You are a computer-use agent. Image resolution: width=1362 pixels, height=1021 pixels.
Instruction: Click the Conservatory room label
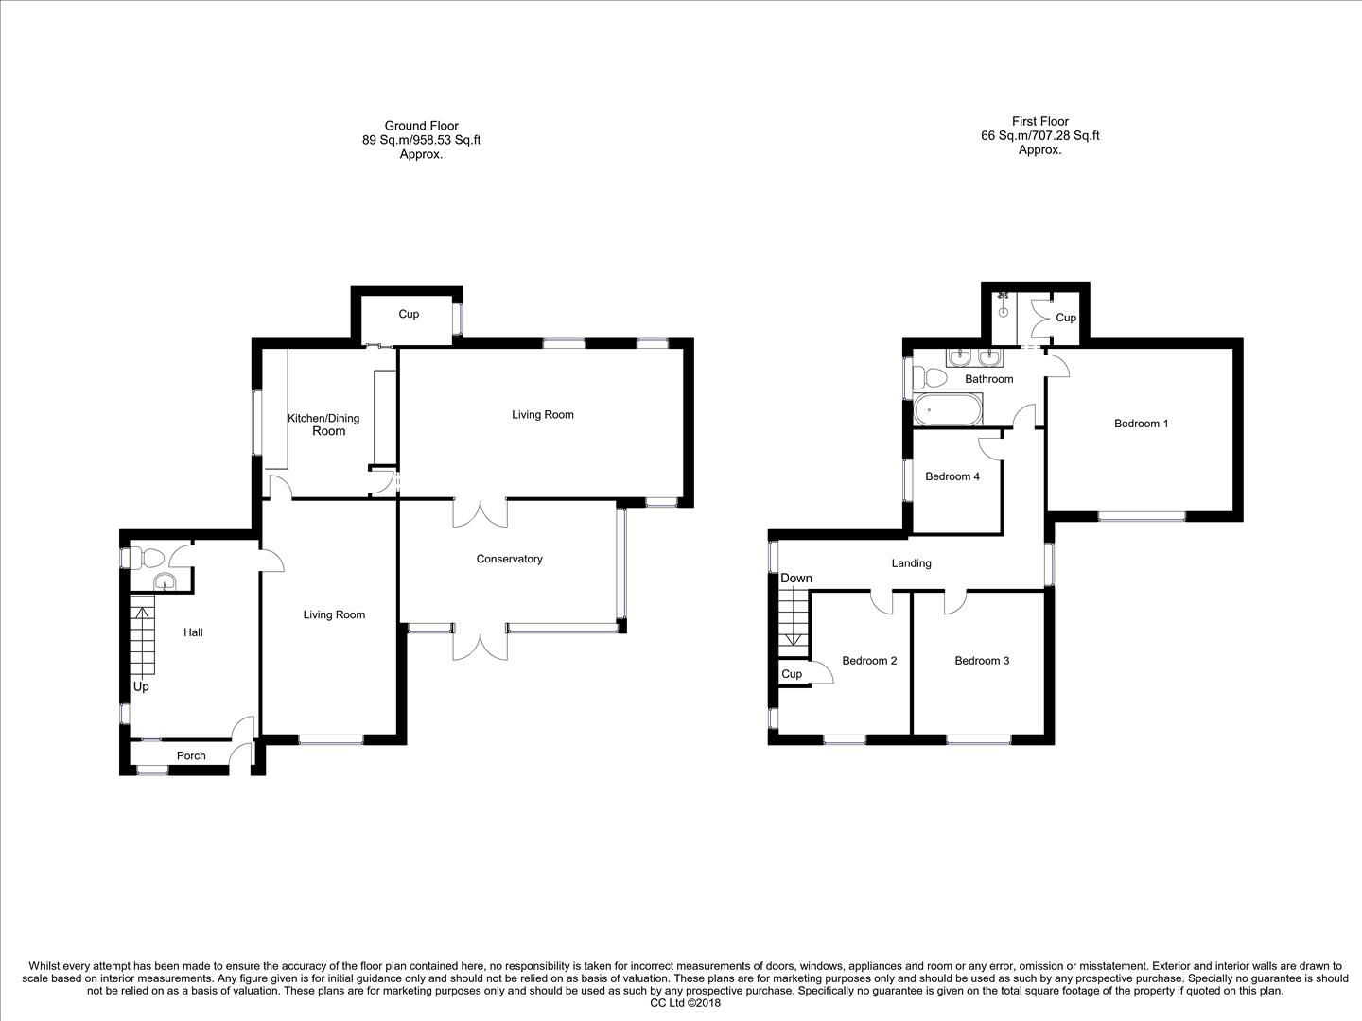(509, 559)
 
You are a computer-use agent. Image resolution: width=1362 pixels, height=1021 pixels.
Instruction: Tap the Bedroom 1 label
(1141, 424)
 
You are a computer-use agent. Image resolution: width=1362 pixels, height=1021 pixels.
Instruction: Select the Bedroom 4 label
(952, 476)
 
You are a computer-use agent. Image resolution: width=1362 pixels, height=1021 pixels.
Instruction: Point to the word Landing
(911, 563)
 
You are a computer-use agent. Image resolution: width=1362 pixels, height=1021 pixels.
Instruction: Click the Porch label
(191, 755)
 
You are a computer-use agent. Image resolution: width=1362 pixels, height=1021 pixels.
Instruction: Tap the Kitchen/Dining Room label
(323, 424)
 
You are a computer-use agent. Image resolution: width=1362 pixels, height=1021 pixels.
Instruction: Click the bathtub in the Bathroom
(949, 411)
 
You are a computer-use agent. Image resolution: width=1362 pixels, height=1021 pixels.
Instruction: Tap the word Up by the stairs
(140, 686)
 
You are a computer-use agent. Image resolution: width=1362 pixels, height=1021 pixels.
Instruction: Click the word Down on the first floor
(796, 579)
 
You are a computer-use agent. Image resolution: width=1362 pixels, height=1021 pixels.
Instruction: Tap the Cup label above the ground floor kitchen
(408, 314)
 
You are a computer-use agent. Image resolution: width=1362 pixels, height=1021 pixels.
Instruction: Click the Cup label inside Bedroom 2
(792, 674)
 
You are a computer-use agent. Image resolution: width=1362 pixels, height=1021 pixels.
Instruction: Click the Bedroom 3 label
(981, 661)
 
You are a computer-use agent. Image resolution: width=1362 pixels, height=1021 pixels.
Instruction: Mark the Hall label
(193, 632)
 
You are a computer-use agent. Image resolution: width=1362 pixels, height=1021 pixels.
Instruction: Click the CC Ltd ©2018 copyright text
(686, 1004)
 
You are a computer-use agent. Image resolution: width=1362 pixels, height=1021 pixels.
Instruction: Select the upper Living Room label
(542, 415)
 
